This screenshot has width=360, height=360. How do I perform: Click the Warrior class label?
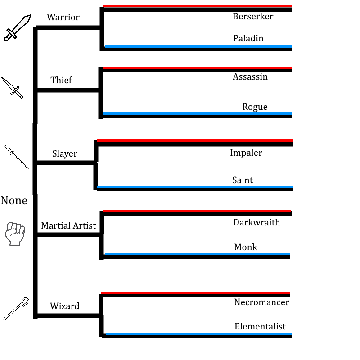[63, 18]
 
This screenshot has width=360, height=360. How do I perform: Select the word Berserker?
[253, 17]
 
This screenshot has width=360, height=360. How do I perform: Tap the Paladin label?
[248, 39]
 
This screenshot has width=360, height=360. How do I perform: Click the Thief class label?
[61, 81]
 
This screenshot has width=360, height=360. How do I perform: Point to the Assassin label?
[250, 77]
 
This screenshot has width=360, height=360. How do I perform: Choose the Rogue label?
[255, 107]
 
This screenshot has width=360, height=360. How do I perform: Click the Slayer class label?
[64, 154]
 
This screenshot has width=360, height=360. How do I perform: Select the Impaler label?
[246, 153]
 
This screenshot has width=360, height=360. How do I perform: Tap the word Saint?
[242, 180]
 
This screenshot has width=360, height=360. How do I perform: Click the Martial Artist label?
[68, 226]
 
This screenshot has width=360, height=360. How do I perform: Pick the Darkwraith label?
[256, 223]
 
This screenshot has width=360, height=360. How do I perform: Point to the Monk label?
[246, 247]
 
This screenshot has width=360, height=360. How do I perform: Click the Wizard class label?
[64, 306]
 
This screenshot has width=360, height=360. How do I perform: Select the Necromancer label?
[261, 302]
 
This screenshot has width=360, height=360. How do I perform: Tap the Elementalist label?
[260, 327]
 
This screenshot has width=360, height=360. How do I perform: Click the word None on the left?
[14, 201]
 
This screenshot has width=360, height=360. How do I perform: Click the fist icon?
[14, 234]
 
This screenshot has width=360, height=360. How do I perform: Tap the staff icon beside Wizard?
[16, 309]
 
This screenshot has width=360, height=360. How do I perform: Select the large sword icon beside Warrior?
[18, 27]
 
